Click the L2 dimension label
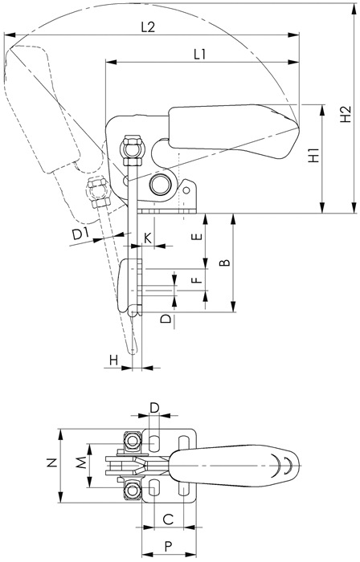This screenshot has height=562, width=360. (x=148, y=27)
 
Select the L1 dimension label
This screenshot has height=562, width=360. (x=200, y=55)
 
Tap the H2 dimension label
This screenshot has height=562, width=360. (x=346, y=114)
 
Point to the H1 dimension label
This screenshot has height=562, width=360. (x=314, y=155)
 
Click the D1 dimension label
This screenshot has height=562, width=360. (x=80, y=234)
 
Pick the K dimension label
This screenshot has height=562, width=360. (x=148, y=238)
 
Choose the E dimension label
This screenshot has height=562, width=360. (x=197, y=237)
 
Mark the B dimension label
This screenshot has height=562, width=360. (x=224, y=263)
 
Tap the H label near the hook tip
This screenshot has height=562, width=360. (x=113, y=360)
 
